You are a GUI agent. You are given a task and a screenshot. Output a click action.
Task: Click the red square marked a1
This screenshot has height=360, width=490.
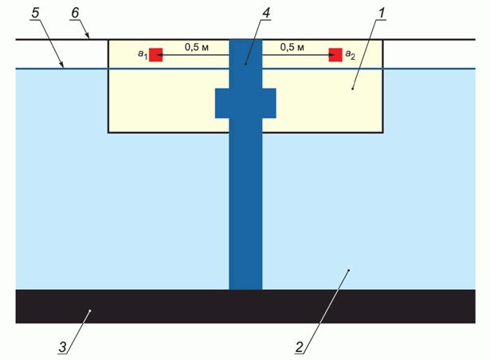pos(156,54)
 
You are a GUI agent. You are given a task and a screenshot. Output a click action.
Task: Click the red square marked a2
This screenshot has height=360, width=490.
pos(335,54)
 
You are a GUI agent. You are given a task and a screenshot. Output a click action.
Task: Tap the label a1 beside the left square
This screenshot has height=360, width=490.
pos(141,55)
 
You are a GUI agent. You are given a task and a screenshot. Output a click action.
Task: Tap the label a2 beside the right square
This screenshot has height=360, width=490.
pos(350,55)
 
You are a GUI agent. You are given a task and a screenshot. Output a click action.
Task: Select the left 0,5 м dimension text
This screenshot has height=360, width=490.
pos(197,47)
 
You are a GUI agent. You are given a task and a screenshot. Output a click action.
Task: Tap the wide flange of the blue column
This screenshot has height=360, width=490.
pos(245,102)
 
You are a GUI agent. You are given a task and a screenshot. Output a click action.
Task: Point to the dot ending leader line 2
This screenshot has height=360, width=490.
pos(348,272)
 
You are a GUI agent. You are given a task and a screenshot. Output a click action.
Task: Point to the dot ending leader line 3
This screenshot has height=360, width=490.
pos(91,311)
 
